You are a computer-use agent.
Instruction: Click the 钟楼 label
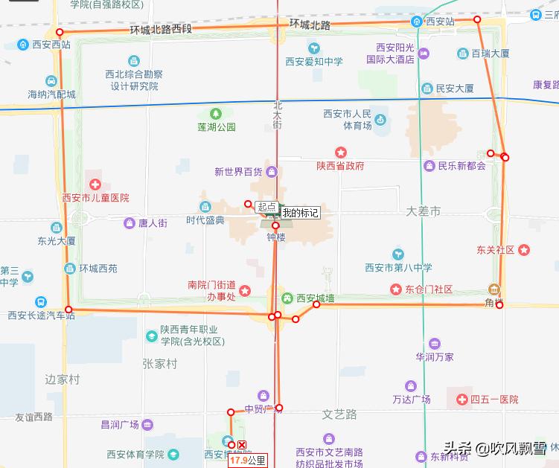pos(276,237)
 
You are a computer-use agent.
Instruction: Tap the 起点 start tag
pos(266,208)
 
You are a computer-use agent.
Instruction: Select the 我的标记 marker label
pos(300,214)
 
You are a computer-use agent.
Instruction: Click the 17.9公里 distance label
pos(247,461)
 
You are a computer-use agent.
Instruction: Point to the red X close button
pos(241,445)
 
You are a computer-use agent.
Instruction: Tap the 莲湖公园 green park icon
pos(216,114)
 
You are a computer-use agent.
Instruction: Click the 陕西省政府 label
pos(340,166)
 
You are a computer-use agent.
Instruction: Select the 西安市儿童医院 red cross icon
pos(95,184)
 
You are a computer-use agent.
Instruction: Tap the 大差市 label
pos(424,212)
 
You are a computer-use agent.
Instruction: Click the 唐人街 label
pos(153,222)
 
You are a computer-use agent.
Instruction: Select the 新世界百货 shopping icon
pos(272,172)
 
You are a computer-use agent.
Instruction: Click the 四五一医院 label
pos(494,400)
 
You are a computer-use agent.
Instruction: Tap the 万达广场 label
pos(411,400)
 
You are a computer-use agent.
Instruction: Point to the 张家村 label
pos(160,364)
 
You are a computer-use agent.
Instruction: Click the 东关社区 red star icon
pos(525,250)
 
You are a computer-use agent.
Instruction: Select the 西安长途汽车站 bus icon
pos(40,302)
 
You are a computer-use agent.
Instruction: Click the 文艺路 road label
pos(339,414)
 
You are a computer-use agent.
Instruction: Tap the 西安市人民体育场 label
pos(347,120)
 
